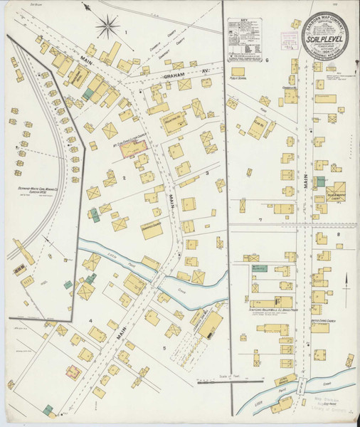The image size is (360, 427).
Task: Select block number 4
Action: (x=90, y=320)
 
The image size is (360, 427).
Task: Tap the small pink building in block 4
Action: (x=73, y=371)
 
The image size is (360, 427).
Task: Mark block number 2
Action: (x=124, y=178)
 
